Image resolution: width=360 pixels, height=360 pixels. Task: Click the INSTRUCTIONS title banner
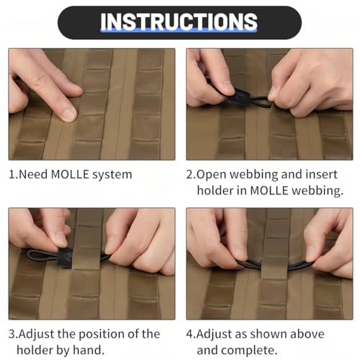(x=179, y=22)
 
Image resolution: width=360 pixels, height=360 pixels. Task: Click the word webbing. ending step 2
(x=318, y=191)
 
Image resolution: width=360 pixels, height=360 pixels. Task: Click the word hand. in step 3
(x=89, y=350)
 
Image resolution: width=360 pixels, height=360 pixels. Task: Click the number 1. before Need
(x=13, y=174)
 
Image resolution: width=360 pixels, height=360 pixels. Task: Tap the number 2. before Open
(x=192, y=174)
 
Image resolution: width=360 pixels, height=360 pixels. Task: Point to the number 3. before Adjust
(x=13, y=334)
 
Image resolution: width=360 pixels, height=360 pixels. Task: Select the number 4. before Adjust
(x=192, y=334)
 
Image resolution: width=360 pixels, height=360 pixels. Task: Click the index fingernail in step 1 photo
(x=68, y=114)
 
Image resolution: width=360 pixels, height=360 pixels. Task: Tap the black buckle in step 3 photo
(x=65, y=258)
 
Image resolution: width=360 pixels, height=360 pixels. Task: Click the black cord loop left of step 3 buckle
(x=42, y=256)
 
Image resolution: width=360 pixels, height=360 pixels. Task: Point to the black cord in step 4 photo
(x=274, y=264)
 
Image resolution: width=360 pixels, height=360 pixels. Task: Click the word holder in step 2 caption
(x=215, y=191)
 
